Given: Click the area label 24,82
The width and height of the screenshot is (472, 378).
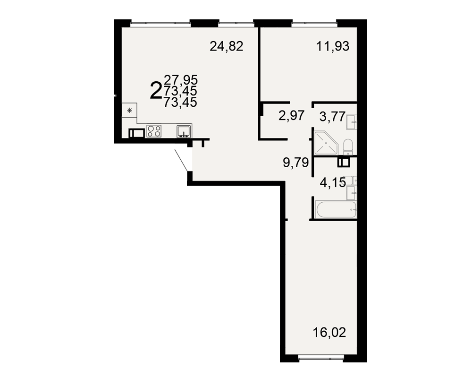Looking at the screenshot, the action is pos(227,47).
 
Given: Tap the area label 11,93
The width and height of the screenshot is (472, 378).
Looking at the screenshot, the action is pos(333,47).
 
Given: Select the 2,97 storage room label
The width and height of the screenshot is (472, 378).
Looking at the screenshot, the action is pos(291,115).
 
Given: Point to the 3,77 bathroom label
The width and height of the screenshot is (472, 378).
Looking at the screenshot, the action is pos(332,117).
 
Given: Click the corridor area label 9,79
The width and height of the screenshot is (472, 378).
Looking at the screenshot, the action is pos(296,163).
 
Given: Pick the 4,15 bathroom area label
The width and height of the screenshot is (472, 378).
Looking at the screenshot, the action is pos(333,183).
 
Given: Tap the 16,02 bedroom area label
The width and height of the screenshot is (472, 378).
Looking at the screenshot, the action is pos(329,333).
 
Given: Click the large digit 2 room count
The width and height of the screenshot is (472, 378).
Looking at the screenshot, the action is pos(156,90).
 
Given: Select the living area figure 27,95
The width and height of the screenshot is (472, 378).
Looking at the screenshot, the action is pos(181,80).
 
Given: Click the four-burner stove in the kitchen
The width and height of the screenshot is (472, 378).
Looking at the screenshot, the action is pos(154,131).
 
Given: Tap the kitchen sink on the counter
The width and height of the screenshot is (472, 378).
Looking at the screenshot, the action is pos(184,132).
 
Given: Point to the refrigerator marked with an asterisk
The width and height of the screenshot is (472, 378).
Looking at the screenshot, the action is pos(129,110).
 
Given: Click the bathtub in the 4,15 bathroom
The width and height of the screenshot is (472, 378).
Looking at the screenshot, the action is pos(336,209).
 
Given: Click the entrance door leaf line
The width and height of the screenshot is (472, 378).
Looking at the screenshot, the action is pos(182,160).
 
